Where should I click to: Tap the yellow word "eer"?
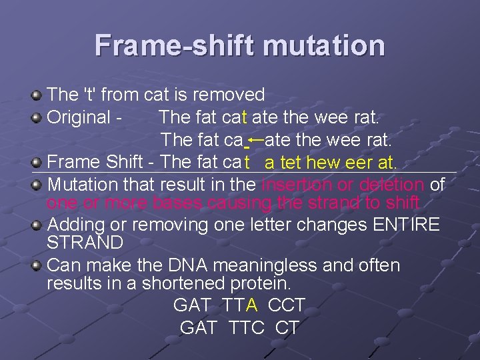[x=365, y=163]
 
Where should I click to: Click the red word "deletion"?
[x=391, y=184]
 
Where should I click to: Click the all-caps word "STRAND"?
[x=85, y=242]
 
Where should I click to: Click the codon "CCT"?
[x=286, y=305]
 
